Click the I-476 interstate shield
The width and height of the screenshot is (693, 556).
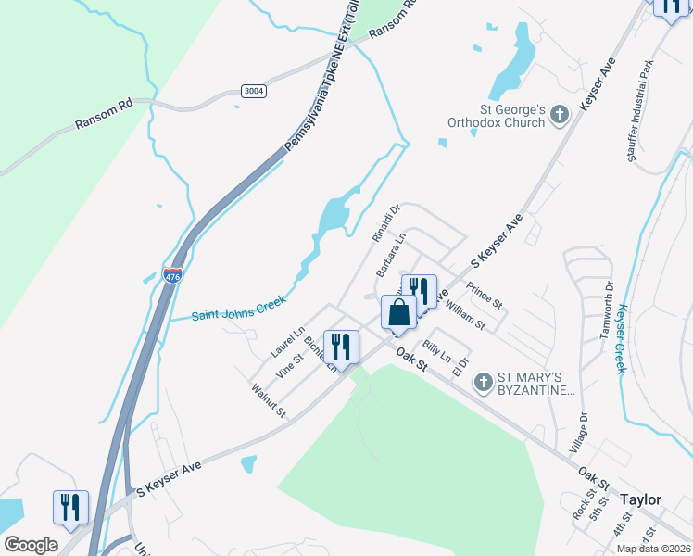tap(172, 275)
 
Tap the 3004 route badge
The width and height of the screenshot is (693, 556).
tap(251, 91)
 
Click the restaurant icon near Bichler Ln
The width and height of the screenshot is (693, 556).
tap(341, 347)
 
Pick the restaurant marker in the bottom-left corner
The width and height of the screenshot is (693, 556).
tap(71, 507)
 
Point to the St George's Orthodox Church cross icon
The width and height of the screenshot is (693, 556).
tap(559, 115)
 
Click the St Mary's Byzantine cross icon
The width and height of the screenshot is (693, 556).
tap(482, 382)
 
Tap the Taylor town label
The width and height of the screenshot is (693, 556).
tap(641, 499)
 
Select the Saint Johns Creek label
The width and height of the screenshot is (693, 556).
tap(239, 308)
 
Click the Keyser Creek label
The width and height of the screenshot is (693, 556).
tap(623, 339)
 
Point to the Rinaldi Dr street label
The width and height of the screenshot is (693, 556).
tap(384, 223)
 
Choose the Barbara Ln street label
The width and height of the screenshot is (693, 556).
tap(391, 254)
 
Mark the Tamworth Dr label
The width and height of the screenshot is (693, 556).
tap(608, 310)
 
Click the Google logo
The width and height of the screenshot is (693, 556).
tap(31, 545)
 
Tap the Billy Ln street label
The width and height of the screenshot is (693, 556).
tap(436, 351)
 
